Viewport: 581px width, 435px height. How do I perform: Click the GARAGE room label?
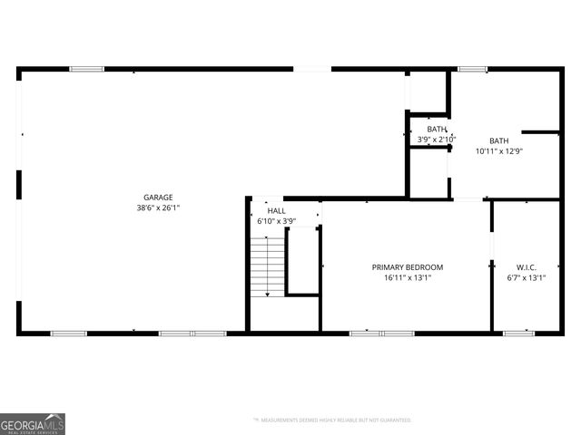pyautogui.click(x=157, y=197)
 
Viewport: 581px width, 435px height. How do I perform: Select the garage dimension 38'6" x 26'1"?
pyautogui.click(x=157, y=208)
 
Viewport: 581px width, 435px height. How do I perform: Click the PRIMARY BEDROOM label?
pyautogui.click(x=407, y=267)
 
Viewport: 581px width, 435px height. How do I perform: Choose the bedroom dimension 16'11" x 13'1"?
pyautogui.click(x=407, y=278)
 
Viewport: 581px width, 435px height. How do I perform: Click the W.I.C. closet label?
pyautogui.click(x=527, y=267)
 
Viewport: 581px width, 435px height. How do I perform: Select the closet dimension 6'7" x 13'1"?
pyautogui.click(x=527, y=278)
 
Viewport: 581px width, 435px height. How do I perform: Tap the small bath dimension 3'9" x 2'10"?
pyautogui.click(x=437, y=140)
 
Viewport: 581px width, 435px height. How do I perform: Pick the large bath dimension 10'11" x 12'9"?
pyautogui.click(x=499, y=151)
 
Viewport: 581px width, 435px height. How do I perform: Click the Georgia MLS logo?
pyautogui.click(x=33, y=423)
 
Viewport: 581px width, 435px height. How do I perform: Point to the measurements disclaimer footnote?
pyautogui.click(x=332, y=420)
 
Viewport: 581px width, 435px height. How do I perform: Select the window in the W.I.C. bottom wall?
pyautogui.click(x=518, y=333)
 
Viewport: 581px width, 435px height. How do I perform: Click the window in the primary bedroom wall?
pyautogui.click(x=382, y=333)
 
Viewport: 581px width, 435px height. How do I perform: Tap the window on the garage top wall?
pyautogui.click(x=86, y=69)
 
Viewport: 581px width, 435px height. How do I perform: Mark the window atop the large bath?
pyautogui.click(x=472, y=69)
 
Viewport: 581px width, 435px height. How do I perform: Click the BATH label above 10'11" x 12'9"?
pyautogui.click(x=499, y=140)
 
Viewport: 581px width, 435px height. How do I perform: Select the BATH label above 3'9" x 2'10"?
pyautogui.click(x=437, y=130)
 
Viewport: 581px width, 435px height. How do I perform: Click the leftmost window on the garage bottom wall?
pyautogui.click(x=68, y=333)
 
